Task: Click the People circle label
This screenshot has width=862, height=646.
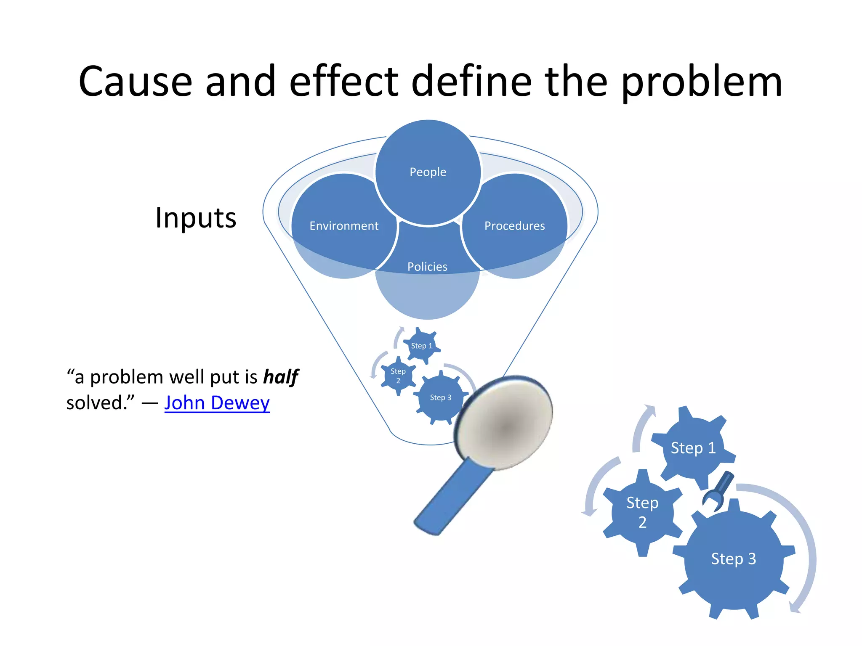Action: click(428, 172)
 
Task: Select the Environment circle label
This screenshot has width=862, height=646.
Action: click(344, 226)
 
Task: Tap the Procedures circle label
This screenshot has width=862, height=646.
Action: click(514, 226)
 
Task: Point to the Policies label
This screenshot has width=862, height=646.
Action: click(427, 267)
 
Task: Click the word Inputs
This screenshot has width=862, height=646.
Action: click(196, 218)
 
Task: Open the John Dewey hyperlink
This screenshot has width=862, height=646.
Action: click(217, 403)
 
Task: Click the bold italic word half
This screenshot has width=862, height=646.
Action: click(281, 377)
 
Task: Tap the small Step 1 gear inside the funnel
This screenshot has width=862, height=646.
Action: click(421, 346)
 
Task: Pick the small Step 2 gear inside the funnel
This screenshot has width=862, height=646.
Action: click(398, 376)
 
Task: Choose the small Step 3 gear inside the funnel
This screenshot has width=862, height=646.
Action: click(440, 397)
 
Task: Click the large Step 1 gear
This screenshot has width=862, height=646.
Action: click(693, 448)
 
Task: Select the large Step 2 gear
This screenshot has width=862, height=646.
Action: click(642, 512)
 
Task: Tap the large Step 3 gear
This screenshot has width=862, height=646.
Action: click(733, 559)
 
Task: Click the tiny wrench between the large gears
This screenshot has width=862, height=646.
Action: click(719, 490)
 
